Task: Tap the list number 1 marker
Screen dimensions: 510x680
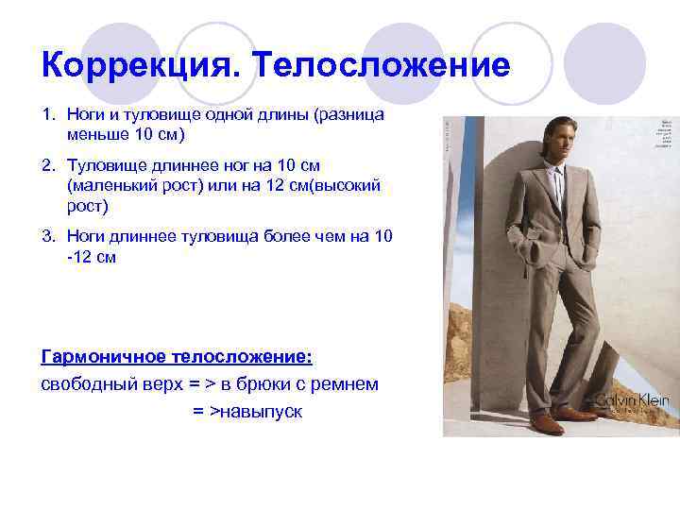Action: (x=46, y=114)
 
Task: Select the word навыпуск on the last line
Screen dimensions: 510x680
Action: (x=261, y=412)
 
